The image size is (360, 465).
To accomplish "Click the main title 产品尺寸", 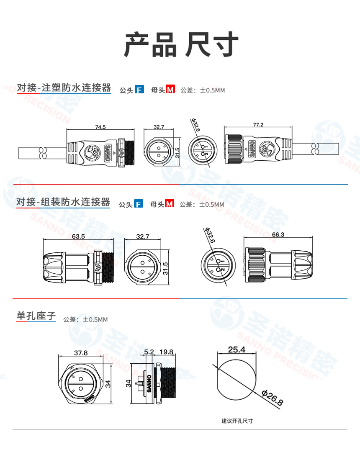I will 181,44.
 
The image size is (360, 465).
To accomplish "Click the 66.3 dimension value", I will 278,234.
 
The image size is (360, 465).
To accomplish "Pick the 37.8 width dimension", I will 81,352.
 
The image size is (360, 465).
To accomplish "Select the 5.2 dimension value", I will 149,352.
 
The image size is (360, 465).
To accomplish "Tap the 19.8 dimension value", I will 166,352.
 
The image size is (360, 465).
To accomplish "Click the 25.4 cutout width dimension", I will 237,349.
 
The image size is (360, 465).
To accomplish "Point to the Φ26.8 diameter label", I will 272,398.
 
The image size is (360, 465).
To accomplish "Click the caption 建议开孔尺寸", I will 237,421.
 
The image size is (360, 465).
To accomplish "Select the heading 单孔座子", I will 36,316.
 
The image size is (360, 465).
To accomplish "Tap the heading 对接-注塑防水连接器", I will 64,88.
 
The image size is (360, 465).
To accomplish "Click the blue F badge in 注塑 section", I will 139,89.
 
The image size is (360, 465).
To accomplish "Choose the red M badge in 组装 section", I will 170,203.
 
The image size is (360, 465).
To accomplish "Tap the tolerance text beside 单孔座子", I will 85,319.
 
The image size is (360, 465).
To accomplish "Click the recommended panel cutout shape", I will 237,380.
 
